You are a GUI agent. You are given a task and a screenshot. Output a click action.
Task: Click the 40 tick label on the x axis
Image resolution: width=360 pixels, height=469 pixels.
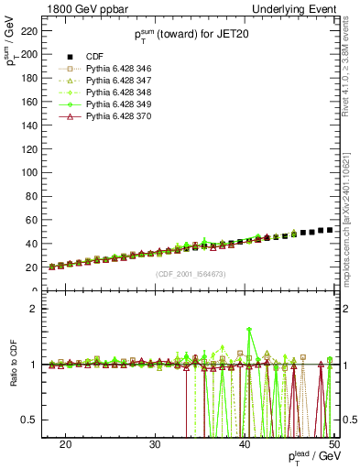point(245,442)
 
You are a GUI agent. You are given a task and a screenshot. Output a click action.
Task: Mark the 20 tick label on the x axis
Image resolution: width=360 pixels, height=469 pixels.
point(65,442)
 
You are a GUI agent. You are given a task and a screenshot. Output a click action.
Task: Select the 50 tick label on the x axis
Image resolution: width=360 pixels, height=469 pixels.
point(333,442)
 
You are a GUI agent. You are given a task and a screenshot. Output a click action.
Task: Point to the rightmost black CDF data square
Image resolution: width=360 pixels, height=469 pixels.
point(330,230)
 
